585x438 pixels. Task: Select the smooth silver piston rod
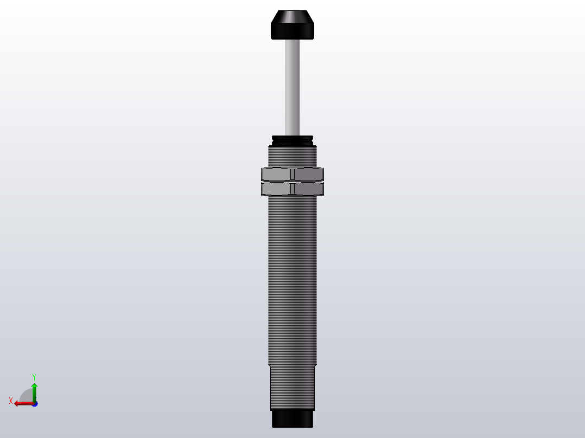tap(292, 87)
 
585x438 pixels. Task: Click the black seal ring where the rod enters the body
tap(292, 139)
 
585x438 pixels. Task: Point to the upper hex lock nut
tap(292, 174)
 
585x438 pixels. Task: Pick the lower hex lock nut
tap(292, 189)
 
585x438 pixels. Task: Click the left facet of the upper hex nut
tap(277, 174)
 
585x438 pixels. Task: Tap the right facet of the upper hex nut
tap(308, 174)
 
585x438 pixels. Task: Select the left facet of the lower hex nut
tap(277, 189)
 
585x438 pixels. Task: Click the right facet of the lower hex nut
tap(308, 189)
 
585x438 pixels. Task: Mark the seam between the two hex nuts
tap(292, 181)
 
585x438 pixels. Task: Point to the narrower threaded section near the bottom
tap(292, 387)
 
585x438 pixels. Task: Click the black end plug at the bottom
tap(292, 418)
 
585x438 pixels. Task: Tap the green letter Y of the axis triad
tap(34, 376)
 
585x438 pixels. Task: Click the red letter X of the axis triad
tap(11, 401)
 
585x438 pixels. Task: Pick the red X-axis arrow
tap(22, 403)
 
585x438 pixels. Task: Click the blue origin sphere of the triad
tap(34, 404)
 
